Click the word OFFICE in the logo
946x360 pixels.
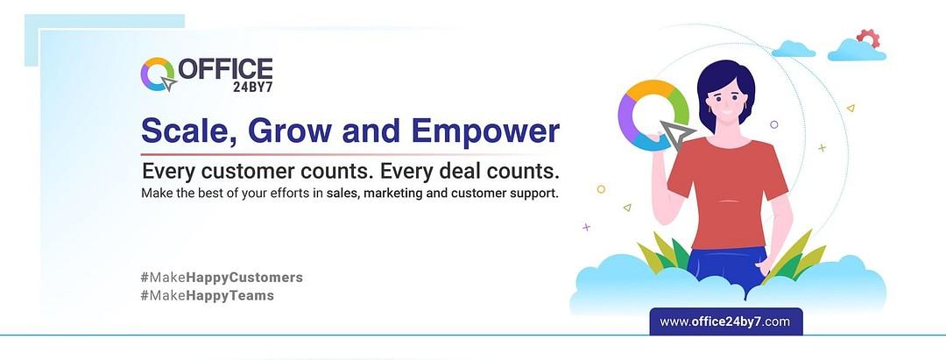point(225,68)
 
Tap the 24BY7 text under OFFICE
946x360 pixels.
point(252,87)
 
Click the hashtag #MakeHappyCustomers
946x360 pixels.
point(222,278)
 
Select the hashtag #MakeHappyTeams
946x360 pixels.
point(207,295)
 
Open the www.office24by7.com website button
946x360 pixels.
point(725,321)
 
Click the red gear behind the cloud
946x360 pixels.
point(869,38)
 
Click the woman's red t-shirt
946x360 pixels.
point(728,192)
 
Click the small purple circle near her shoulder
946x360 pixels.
point(774,124)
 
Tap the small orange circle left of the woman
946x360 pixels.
point(601,189)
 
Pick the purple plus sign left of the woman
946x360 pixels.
point(586,228)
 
